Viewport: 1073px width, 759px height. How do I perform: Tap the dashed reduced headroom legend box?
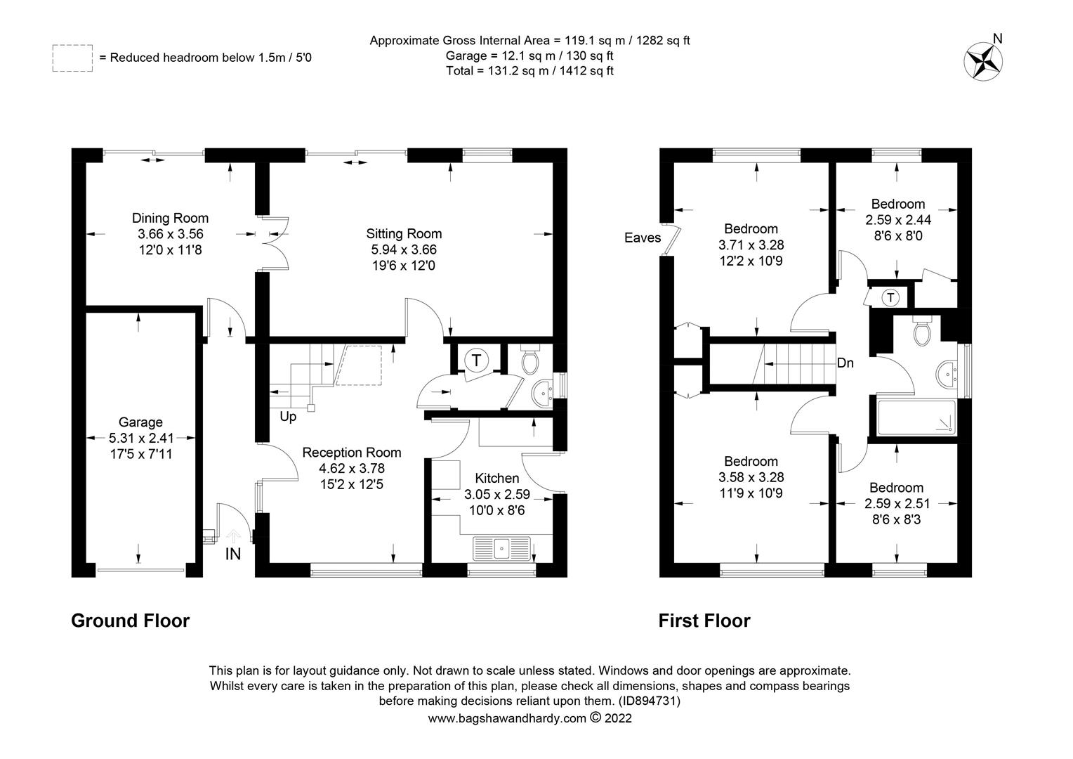tap(72, 58)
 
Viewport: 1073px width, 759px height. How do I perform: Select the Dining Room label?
tap(170, 218)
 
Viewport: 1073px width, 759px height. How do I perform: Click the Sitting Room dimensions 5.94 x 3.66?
tap(404, 249)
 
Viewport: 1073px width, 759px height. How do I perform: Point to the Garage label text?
tap(140, 422)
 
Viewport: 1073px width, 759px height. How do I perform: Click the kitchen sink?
tap(501, 548)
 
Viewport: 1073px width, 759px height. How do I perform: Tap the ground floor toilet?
tap(529, 360)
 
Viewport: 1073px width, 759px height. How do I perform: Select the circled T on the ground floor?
tap(476, 360)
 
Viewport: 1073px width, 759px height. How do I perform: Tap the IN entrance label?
tap(233, 554)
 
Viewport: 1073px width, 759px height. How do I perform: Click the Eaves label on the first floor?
tap(643, 238)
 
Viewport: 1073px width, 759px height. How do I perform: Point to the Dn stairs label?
tap(845, 363)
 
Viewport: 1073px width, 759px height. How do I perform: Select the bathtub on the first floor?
tap(917, 417)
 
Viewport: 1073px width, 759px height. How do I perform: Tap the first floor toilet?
tap(922, 330)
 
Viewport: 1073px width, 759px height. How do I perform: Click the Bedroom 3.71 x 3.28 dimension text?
tap(751, 245)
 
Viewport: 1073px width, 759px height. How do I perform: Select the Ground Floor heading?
tap(131, 621)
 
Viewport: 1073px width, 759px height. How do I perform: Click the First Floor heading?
tap(704, 621)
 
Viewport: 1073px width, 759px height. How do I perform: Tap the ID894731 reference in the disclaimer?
tap(649, 701)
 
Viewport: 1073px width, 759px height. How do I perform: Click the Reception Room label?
tap(352, 453)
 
